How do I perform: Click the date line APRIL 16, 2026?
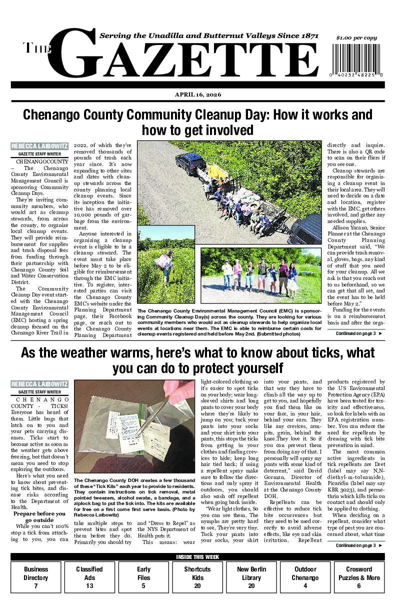(197, 94)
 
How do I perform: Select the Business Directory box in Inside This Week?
(36, 577)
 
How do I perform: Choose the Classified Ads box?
(89, 577)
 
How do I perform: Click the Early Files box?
(143, 577)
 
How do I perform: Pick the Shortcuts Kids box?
(197, 577)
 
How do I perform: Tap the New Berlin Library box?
(251, 577)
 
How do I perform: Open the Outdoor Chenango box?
(305, 577)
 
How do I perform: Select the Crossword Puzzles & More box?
(359, 577)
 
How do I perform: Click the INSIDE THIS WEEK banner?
(197, 557)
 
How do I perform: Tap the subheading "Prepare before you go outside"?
(39, 516)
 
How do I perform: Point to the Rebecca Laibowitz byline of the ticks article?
(39, 384)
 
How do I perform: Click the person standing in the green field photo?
(165, 263)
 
